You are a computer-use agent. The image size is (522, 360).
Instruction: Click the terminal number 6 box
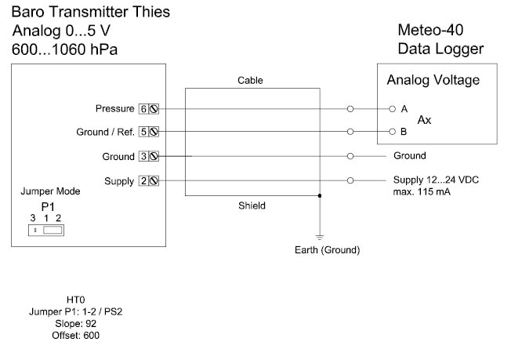point(143,108)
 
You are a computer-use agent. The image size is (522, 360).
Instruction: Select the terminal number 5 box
point(143,132)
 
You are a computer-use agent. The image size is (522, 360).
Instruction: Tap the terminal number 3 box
point(143,156)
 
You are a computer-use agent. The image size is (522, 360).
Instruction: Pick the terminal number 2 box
point(143,181)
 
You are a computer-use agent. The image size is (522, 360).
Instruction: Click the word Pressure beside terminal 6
point(115,108)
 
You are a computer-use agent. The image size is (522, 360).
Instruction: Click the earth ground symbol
point(320,235)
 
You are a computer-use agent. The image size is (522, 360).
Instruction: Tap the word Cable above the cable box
point(250,81)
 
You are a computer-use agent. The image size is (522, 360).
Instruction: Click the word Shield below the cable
point(252,206)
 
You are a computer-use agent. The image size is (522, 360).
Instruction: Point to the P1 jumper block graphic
point(46,231)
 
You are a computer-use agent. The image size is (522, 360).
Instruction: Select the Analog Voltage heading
point(433,81)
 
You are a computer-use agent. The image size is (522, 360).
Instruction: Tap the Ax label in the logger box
point(424,120)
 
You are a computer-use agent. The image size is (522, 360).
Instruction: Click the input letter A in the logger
point(404,108)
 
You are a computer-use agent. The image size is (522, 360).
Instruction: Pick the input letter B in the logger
point(404,132)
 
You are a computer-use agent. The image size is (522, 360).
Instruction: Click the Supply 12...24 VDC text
point(436,180)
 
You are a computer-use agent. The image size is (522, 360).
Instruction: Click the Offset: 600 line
point(75,335)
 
